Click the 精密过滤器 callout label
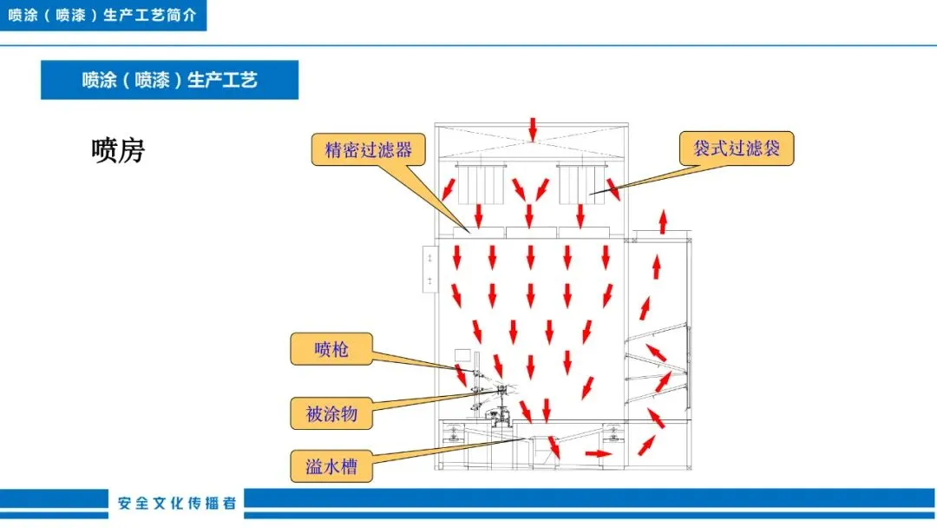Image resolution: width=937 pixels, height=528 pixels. [369, 149]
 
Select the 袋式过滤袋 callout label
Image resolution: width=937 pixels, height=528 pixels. [736, 148]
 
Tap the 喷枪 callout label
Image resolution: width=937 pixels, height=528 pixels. [331, 349]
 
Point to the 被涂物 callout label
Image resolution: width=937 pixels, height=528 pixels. [331, 413]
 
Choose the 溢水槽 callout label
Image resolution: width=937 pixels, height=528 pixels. [331, 468]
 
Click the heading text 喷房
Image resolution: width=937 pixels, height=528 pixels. [118, 151]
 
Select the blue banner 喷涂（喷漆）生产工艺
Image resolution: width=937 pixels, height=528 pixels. [169, 80]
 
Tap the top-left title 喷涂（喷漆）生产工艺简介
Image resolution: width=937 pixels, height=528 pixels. [102, 16]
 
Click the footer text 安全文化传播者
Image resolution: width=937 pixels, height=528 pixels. [177, 503]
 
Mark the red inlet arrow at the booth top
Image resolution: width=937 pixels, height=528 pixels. [533, 131]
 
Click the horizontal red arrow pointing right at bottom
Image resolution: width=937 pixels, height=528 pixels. [598, 453]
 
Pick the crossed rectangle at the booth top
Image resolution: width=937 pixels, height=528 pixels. [532, 142]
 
